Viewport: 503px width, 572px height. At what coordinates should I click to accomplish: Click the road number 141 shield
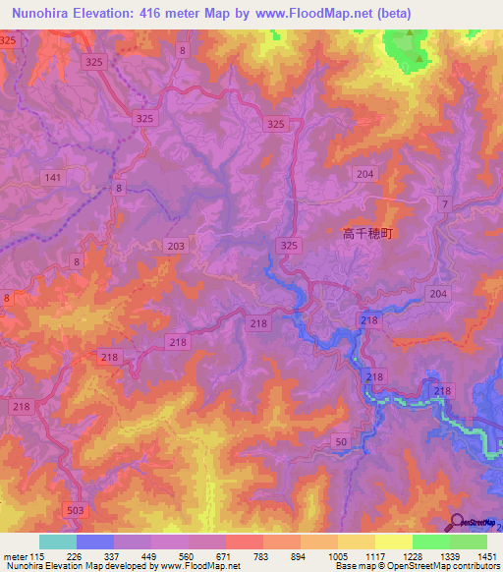click(53, 177)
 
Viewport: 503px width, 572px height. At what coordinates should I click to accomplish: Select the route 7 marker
click(445, 204)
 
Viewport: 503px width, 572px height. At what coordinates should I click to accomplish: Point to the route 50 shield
click(341, 445)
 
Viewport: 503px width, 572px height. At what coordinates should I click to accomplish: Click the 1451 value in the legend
click(486, 556)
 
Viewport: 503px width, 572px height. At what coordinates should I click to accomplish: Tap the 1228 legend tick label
click(413, 556)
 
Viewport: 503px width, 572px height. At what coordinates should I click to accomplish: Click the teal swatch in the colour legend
click(57, 542)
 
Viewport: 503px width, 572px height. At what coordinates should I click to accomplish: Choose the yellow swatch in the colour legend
click(393, 542)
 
